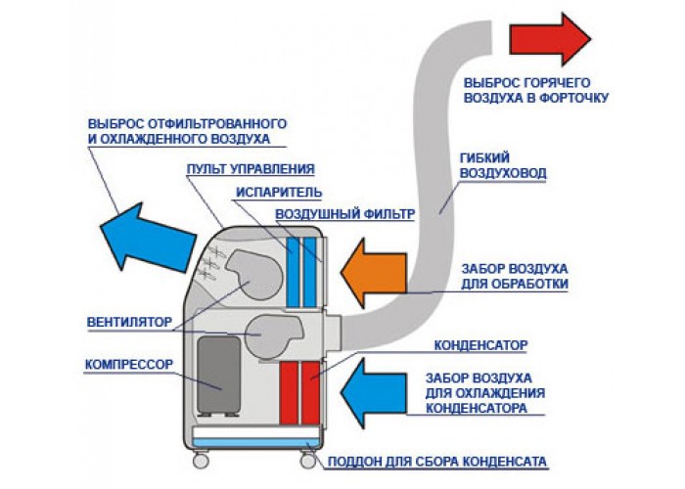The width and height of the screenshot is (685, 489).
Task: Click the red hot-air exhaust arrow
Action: [550, 39]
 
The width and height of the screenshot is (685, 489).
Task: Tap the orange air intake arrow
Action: [374, 273]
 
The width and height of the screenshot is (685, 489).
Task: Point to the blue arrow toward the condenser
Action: [374, 392]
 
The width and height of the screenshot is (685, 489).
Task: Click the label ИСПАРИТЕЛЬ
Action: [279, 192]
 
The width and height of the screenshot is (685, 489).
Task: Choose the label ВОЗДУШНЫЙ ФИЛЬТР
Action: [344, 214]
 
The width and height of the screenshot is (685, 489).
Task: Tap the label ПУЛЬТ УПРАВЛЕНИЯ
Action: [251, 169]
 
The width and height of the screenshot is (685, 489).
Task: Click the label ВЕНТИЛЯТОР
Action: [130, 322]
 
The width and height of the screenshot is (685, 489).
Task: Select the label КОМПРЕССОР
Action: [129, 364]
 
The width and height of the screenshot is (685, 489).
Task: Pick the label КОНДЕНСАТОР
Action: [480, 345]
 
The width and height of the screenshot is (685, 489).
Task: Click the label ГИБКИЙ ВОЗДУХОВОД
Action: [503, 165]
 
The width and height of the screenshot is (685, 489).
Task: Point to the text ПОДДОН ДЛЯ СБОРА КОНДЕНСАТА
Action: [436, 462]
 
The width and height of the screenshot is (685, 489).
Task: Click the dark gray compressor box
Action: [218, 375]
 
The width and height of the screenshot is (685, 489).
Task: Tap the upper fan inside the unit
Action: [254, 274]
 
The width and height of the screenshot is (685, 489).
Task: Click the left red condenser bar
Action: [289, 392]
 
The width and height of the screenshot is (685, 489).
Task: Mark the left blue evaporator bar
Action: [293, 272]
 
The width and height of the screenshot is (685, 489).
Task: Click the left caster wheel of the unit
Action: [201, 460]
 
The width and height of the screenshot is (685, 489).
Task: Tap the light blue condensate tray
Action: [256, 443]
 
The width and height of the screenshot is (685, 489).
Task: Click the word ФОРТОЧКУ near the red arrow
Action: [574, 97]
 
